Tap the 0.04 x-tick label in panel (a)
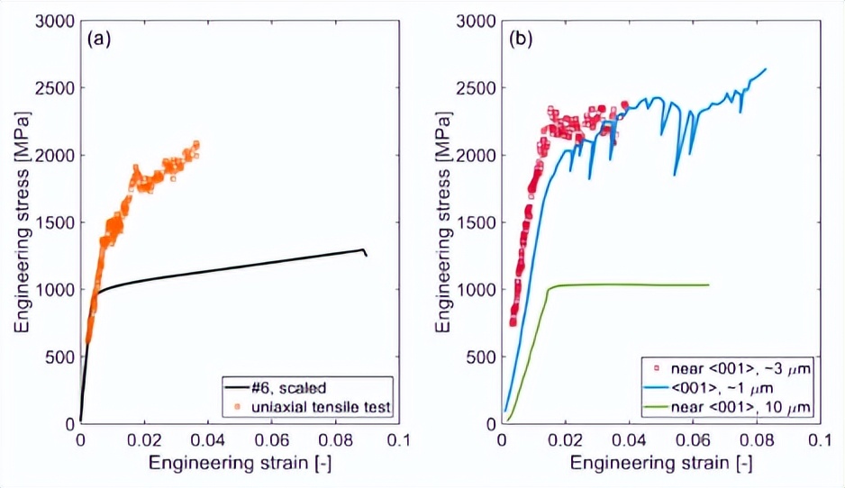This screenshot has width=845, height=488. coord(208,441)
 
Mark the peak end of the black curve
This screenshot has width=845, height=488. coord(363,249)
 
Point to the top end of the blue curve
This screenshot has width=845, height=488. coord(766,68)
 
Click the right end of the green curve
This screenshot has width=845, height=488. coord(708,285)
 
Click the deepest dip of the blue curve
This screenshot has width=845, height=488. coord(675,174)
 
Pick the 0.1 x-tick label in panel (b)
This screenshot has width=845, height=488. coord(819,441)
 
